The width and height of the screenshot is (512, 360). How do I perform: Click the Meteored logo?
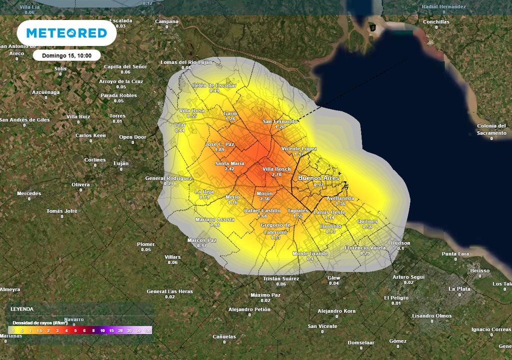pos(66,33)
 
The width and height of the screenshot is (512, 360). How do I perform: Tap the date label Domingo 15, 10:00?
pos(66,55)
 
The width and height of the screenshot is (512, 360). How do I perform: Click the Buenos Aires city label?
pos(318,178)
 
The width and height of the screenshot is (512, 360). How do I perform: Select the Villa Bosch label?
pos(276,169)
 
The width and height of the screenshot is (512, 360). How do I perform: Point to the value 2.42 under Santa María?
pos(229,169)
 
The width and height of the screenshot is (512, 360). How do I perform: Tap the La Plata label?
pos(459,289)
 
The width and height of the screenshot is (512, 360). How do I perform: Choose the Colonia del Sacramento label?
pos(491,129)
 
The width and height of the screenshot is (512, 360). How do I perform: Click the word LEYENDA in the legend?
pos(22,309)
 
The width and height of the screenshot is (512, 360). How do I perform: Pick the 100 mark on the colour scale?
pos(147,330)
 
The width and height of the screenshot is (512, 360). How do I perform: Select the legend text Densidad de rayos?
pos(39,323)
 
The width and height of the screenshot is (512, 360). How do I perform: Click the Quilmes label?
pos(367,221)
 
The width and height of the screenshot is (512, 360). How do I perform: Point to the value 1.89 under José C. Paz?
pos(219,149)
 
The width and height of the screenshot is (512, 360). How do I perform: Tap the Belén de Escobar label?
pos(214,85)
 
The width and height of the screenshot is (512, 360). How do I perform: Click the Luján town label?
pos(121,163)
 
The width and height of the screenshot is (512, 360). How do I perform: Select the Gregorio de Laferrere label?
pos(275,228)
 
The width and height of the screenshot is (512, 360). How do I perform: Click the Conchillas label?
pos(436,22)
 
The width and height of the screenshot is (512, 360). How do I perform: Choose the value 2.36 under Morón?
pos(265,199)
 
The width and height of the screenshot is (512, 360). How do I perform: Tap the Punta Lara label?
pos(455,253)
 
